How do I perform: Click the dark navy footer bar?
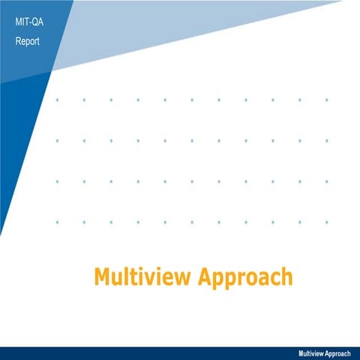(x=150, y=353)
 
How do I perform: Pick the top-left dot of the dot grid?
(x=57, y=99)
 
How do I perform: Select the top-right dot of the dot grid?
(x=327, y=99)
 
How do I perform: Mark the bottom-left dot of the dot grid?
(x=57, y=221)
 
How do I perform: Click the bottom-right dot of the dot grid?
(x=327, y=221)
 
